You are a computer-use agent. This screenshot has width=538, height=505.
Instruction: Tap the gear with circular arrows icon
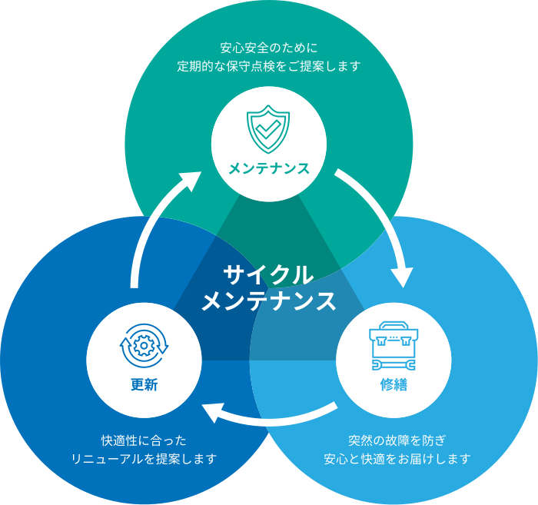click(x=144, y=345)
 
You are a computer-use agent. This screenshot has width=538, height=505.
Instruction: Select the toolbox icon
click(x=393, y=341)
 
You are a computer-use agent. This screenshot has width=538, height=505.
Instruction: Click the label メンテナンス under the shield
click(x=268, y=168)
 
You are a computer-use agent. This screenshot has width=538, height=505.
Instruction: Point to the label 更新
click(x=144, y=384)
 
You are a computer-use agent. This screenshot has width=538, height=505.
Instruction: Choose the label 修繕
click(x=393, y=384)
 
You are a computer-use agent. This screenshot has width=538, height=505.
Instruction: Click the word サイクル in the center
click(x=268, y=274)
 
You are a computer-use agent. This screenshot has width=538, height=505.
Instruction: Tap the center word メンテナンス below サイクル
click(x=268, y=301)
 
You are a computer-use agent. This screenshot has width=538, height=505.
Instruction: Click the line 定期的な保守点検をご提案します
click(x=268, y=66)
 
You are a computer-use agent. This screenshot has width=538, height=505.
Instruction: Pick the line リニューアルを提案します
click(x=144, y=459)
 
